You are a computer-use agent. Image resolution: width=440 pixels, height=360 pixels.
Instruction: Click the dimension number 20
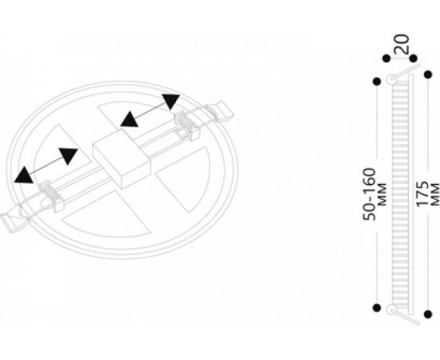[402, 44]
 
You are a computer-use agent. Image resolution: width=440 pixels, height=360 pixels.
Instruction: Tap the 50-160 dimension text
[370, 194]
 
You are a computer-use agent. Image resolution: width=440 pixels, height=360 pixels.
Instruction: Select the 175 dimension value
[422, 194]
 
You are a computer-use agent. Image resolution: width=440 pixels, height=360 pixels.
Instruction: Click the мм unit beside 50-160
[382, 194]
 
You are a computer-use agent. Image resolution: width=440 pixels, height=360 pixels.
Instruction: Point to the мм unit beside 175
[434, 194]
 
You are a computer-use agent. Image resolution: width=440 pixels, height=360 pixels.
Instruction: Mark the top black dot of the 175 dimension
[428, 74]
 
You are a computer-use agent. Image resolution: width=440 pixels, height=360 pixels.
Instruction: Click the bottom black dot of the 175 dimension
[428, 314]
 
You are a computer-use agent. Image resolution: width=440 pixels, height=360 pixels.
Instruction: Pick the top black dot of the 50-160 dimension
[377, 82]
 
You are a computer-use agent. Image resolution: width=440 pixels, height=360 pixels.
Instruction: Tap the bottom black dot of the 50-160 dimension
[377, 307]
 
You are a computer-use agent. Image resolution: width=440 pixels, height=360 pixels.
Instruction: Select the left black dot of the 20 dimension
[386, 58]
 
